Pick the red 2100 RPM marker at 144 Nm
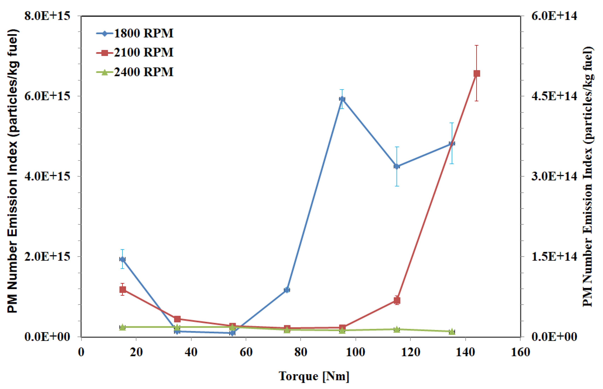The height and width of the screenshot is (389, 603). [477, 73]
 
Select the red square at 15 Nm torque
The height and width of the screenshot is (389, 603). [123, 289]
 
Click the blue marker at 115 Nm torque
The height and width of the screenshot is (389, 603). [397, 166]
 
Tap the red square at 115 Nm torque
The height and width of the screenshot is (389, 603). [397, 300]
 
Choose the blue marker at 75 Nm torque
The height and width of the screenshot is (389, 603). [287, 290]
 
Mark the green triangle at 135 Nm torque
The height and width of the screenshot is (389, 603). [452, 331]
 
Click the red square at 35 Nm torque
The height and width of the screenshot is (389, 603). [177, 319]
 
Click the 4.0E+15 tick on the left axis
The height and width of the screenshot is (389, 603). [47, 176]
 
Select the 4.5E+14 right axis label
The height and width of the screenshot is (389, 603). [554, 96]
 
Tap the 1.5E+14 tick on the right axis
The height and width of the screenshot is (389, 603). [554, 256]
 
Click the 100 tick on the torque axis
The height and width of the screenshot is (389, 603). [355, 352]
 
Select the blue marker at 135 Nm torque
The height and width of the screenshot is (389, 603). [452, 143]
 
